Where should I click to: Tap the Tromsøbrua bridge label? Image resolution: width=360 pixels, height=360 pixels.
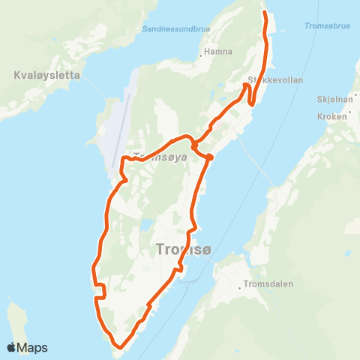[328, 25]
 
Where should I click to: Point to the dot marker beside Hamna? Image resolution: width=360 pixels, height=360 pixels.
[203, 53]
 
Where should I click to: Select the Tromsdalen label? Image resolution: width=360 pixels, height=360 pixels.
[268, 284]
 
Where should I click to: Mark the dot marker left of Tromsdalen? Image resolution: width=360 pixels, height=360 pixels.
[243, 284]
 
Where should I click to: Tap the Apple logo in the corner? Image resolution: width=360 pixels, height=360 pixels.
[13, 347]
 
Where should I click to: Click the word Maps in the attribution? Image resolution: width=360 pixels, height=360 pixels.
[33, 347]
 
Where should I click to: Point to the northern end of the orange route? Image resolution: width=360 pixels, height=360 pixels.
[264, 13]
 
